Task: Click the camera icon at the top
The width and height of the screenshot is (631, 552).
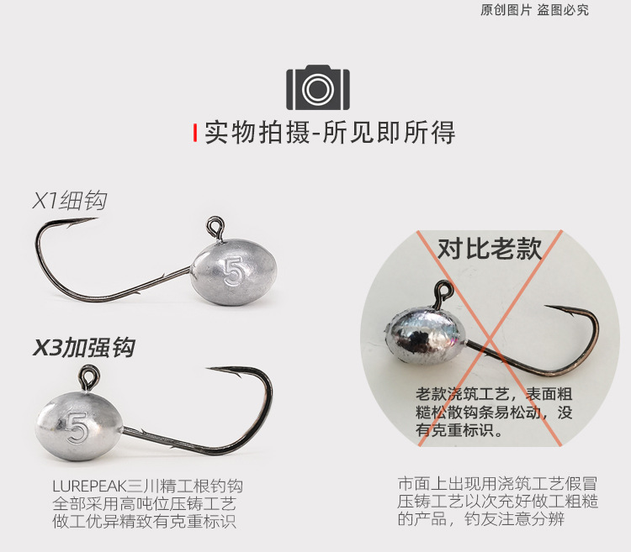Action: (317, 87)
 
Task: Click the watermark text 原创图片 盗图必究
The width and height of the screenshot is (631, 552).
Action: (534, 10)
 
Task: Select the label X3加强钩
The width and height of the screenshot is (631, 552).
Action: (83, 347)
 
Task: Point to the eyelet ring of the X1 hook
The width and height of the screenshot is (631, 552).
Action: (215, 225)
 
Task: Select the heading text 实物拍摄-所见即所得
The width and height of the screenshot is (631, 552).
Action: (330, 134)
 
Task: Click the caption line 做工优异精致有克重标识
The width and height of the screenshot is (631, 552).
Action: (146, 522)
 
